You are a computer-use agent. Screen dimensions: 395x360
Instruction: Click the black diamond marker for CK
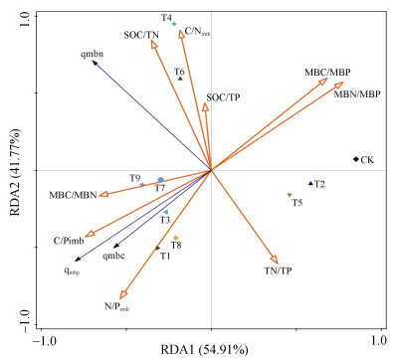pos(356,159)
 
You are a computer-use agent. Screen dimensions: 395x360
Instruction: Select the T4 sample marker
pos(174,24)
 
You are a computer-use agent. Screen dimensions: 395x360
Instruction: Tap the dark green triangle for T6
pos(180,79)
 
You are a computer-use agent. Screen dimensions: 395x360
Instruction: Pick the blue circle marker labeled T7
pos(160,180)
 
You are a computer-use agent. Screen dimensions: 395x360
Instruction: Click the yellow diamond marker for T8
pos(176,238)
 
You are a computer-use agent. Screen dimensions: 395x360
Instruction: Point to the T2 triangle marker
pos(310,183)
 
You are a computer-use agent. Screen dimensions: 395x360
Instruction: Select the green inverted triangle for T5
pos(290,195)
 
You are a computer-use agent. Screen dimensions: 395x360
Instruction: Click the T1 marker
pos(157,248)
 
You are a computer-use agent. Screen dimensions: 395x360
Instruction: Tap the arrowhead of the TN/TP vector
pos(275,260)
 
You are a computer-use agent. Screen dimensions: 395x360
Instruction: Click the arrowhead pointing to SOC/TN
pos(153,44)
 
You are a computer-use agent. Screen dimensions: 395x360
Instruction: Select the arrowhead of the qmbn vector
pos(95,63)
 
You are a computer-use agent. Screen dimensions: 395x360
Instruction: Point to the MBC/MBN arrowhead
pos(103,195)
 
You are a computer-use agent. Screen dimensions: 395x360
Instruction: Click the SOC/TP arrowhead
pos(205,107)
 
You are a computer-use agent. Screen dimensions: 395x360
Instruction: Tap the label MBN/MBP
pos(357,94)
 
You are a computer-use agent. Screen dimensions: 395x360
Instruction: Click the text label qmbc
pos(113,256)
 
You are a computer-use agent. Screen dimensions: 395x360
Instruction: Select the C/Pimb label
pos(69,241)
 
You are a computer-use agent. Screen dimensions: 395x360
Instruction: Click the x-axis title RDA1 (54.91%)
pos(204,350)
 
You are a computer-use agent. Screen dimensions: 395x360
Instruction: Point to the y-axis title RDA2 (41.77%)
pos(16,171)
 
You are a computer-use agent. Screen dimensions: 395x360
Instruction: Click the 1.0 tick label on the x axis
pos(379,340)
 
